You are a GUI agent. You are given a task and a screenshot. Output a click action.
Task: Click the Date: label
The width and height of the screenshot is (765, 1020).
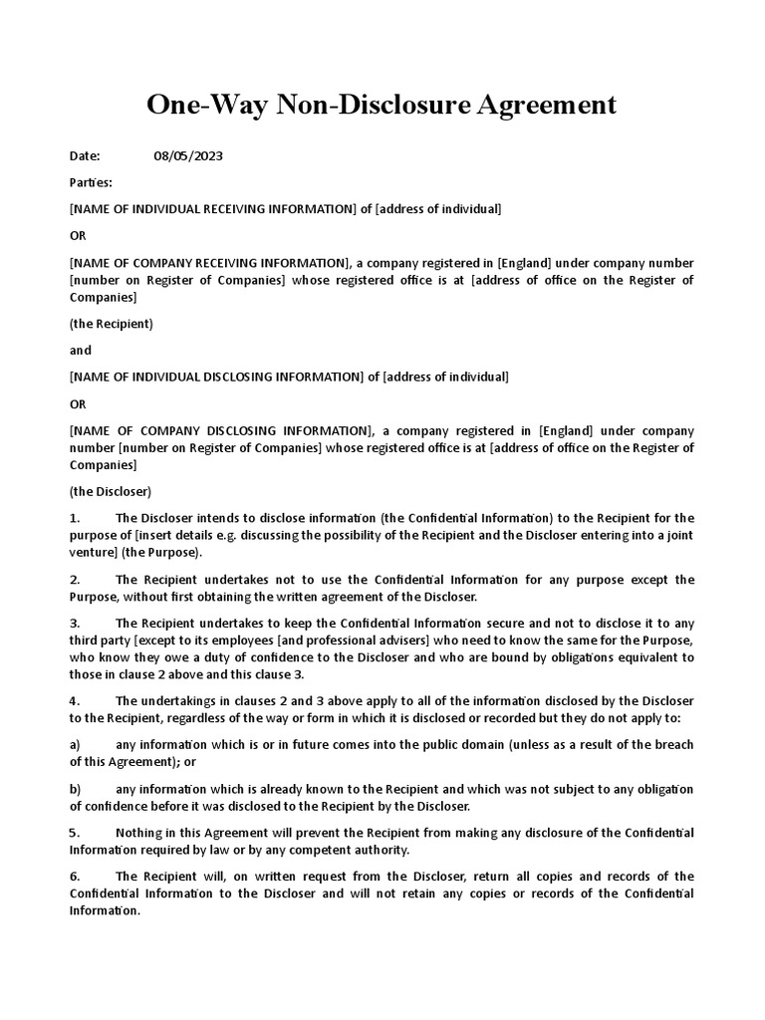tap(86, 155)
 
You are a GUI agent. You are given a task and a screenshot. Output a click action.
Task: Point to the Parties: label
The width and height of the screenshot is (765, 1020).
tap(91, 182)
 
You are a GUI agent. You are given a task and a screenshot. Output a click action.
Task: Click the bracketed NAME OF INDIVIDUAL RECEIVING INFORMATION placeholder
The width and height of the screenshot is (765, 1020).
tap(213, 209)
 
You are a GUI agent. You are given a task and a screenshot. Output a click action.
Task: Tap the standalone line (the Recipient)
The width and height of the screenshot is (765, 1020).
tap(112, 324)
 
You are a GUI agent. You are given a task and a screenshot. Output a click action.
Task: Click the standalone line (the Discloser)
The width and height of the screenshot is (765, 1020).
tap(111, 491)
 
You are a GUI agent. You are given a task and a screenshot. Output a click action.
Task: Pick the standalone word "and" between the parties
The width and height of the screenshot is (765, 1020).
tap(81, 351)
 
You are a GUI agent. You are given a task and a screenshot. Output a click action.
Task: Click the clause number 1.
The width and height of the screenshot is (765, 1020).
tap(75, 518)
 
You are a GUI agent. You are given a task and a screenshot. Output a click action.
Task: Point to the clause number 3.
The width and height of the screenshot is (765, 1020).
tap(75, 623)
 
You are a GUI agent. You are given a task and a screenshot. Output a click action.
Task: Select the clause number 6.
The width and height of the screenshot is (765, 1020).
tap(75, 877)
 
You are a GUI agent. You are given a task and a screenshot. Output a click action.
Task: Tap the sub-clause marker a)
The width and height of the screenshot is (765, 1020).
tap(75, 745)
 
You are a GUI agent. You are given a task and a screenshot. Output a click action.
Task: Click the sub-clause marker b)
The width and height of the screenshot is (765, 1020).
tap(75, 790)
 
